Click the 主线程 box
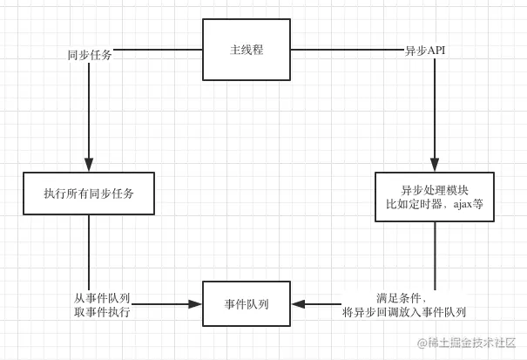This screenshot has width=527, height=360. click(x=247, y=51)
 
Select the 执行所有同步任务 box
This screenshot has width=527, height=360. click(x=89, y=194)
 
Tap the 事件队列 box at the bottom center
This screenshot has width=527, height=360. click(x=247, y=304)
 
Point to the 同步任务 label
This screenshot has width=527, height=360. click(x=89, y=55)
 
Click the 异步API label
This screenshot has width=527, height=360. click(x=426, y=51)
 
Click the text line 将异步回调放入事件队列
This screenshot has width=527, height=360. click(x=404, y=312)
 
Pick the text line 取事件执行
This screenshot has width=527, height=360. click(x=103, y=312)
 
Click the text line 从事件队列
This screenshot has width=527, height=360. click(x=102, y=298)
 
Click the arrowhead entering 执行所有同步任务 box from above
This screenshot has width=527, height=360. click(x=89, y=166)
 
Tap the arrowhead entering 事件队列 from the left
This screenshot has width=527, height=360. click(x=195, y=304)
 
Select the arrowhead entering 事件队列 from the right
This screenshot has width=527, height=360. click(x=298, y=304)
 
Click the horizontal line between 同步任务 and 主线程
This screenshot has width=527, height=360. click(x=157, y=50)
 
